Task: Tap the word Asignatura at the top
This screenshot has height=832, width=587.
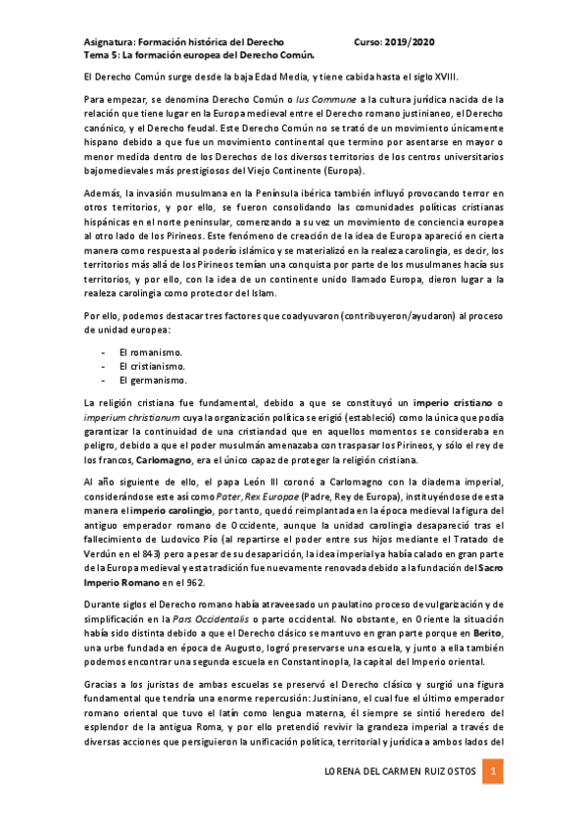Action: (105, 43)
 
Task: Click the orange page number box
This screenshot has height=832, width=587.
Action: (495, 774)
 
